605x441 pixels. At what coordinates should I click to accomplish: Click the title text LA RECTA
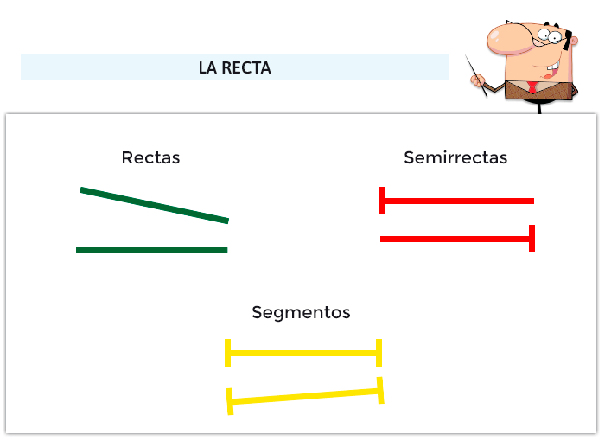pyautogui.click(x=234, y=67)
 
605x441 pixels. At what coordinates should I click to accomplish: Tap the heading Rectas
pyautogui.click(x=150, y=157)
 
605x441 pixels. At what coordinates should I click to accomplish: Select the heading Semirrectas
pyautogui.click(x=455, y=157)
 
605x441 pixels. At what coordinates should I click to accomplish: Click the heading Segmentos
pyautogui.click(x=301, y=312)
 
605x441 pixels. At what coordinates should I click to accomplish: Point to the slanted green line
pyautogui.click(x=154, y=205)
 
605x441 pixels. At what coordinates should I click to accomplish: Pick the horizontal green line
pyautogui.click(x=151, y=250)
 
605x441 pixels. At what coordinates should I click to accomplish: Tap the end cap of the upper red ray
pyautogui.click(x=383, y=201)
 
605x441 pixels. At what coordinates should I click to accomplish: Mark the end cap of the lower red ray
pyautogui.click(x=532, y=239)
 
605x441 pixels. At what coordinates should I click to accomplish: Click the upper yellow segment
pyautogui.click(x=302, y=353)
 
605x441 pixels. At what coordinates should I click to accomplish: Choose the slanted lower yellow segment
pyautogui.click(x=304, y=396)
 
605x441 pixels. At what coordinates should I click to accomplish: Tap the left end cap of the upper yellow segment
pyautogui.click(x=227, y=353)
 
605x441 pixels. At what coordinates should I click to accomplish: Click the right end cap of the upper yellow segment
pyautogui.click(x=379, y=353)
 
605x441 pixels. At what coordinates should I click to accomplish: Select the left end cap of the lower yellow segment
pyautogui.click(x=230, y=401)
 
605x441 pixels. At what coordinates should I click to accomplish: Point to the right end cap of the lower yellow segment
pyautogui.click(x=380, y=391)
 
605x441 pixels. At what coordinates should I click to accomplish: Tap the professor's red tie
pyautogui.click(x=534, y=86)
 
